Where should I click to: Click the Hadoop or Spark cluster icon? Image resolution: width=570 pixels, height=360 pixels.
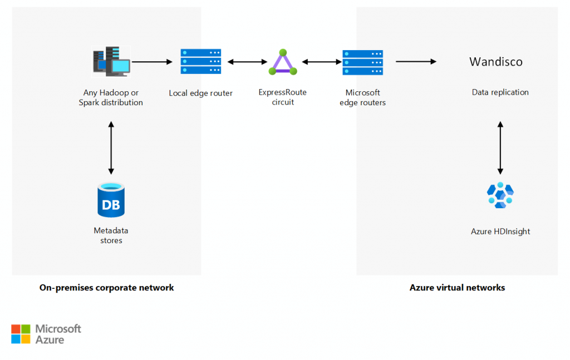coord(111,62)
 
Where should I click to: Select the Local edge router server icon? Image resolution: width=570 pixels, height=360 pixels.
coord(200,62)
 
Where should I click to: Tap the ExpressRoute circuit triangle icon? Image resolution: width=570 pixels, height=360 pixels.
coord(283,62)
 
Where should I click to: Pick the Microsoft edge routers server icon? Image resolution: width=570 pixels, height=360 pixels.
coord(362,62)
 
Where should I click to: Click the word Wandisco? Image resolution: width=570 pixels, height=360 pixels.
coord(496,62)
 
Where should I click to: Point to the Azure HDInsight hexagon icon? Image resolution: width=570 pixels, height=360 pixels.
coord(500,195)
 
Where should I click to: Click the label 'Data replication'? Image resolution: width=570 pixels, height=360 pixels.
coord(500,92)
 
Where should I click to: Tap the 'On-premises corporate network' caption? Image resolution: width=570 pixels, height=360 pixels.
coord(107,288)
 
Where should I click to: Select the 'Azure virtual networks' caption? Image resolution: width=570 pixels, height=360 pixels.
coord(457,288)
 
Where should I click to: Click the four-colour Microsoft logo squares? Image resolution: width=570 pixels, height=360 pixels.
coord(21,334)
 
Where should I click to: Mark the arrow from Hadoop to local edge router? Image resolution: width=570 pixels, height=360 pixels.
coord(152,62)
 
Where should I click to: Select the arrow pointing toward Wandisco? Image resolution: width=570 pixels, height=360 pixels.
coord(416,62)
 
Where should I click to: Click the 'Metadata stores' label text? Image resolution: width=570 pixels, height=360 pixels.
coord(111,235)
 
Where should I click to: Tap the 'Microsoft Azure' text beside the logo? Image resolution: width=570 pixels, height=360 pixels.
coord(58,334)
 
